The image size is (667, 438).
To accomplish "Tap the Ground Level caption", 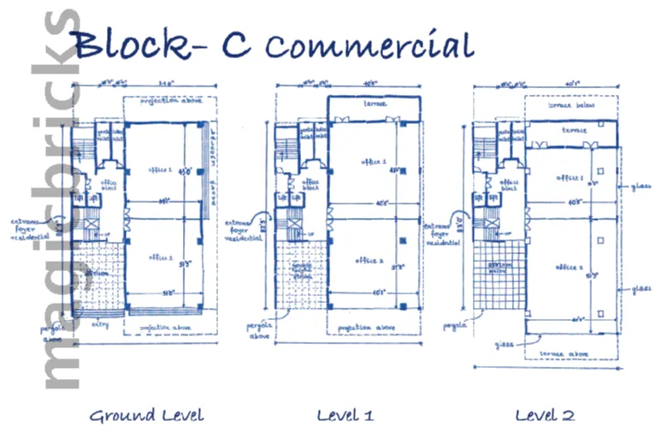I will pos(147,416).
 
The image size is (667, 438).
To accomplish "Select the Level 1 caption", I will pos(345,416).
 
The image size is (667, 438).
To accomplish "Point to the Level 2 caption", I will pos(545,416).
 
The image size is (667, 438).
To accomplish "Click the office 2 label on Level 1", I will pos(373,262).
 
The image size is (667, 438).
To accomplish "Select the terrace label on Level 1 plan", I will pos(374,104).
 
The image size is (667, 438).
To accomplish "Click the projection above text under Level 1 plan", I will pos(368,328).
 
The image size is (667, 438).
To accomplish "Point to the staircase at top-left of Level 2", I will pos(484,137).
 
